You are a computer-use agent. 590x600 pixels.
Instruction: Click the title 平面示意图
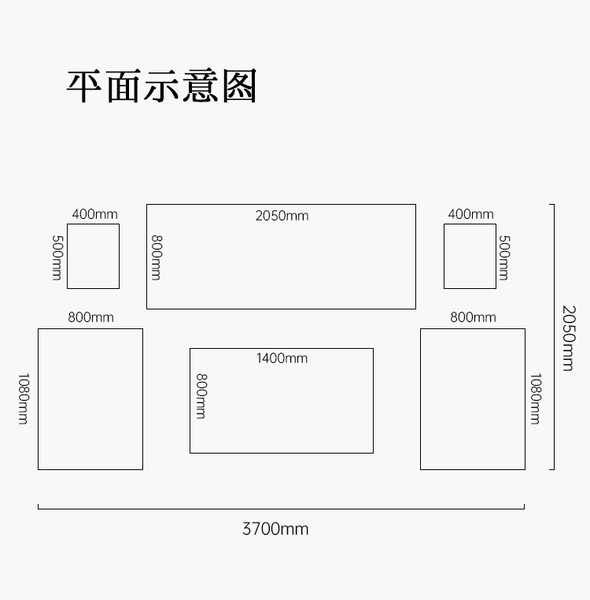coord(162,87)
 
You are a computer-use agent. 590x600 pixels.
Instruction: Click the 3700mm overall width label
coord(275,529)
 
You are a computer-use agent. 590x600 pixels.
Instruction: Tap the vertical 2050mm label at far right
coord(568,337)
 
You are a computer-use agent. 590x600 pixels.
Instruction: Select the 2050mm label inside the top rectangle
coord(282,216)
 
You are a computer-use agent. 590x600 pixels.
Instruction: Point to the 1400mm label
coord(282,358)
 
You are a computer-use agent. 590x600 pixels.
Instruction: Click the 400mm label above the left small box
coord(94,214)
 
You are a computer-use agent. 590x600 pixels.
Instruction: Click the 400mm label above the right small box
coord(470,214)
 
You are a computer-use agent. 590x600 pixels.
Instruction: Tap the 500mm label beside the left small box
coord(57,257)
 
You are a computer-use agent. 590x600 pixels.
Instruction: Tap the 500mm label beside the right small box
coord(504,257)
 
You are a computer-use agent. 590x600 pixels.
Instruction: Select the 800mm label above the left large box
coord(90,317)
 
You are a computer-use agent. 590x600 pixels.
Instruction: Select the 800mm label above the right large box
coord(473,317)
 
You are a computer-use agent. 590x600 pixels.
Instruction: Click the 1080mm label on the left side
coord(24,398)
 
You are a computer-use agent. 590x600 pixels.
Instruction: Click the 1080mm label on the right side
coord(535,398)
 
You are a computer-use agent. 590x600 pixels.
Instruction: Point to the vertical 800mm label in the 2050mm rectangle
coord(157,257)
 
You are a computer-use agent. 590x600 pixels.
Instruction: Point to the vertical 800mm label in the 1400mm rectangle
coord(201,395)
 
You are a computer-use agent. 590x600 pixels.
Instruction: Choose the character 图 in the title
coord(239,87)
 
